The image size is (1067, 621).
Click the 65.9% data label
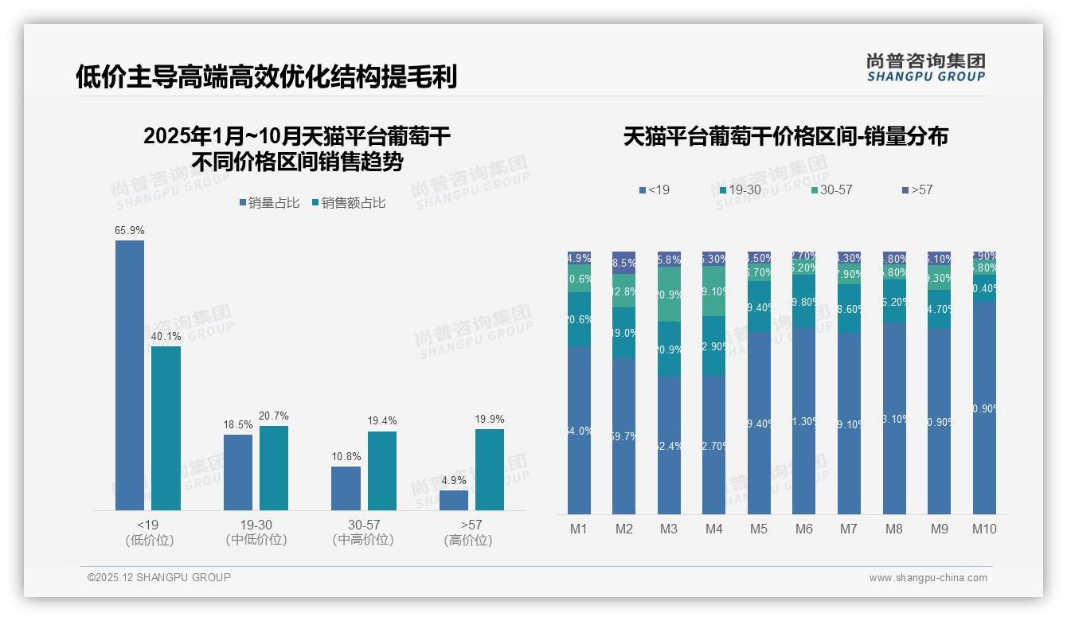point(129,231)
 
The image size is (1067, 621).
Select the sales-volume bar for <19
point(130,374)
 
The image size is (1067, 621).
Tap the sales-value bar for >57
point(490,470)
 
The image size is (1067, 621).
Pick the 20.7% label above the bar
point(274,416)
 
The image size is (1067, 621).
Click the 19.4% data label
point(382,421)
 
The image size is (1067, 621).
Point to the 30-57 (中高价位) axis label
point(364,532)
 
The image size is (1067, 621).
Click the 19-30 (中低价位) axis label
point(256,532)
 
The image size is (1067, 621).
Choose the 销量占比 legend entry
point(269,203)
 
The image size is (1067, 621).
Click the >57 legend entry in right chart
point(917,190)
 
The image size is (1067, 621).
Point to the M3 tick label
point(669,529)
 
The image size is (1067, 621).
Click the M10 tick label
point(984,529)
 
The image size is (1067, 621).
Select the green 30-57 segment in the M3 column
point(669,295)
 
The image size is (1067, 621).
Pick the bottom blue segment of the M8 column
point(894,418)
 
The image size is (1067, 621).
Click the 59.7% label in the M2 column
point(623,436)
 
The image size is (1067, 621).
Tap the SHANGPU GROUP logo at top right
point(925,68)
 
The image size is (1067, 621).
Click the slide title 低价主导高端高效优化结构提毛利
point(266,77)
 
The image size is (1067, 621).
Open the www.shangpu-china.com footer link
point(928,578)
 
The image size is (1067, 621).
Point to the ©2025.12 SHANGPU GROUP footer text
point(159,577)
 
